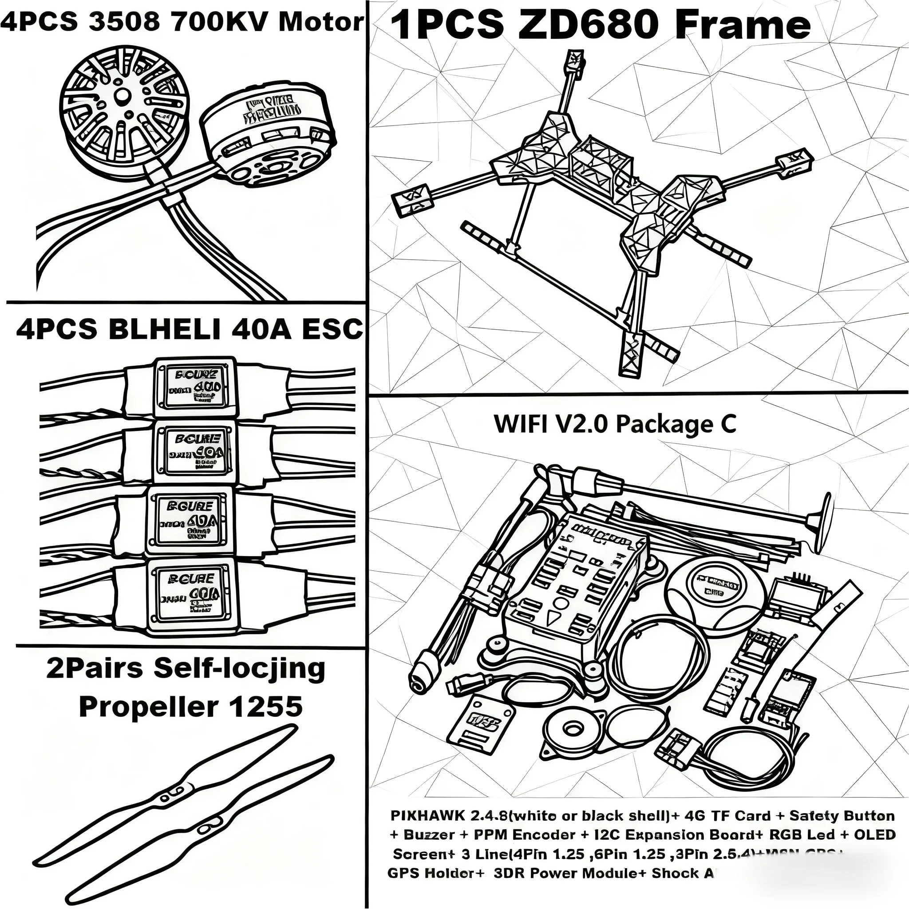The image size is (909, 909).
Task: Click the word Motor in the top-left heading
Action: click(x=321, y=22)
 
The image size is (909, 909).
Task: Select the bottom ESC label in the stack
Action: click(x=190, y=593)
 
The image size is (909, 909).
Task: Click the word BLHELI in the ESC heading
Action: click(x=164, y=329)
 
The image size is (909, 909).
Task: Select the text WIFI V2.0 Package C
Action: click(x=614, y=424)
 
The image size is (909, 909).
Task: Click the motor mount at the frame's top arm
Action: click(x=575, y=62)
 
